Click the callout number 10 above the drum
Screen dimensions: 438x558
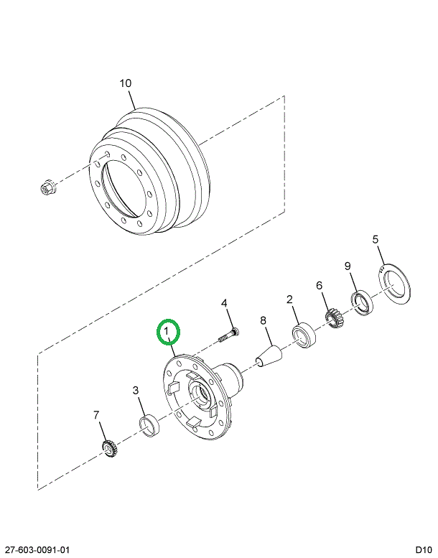(126, 83)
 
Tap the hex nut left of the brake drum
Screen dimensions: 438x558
(47, 187)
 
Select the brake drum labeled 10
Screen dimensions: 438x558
(149, 171)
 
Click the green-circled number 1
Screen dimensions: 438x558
(166, 330)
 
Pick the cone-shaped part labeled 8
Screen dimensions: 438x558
(269, 356)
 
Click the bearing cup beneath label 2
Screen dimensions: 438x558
(304, 335)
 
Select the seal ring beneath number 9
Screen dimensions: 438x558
(362, 303)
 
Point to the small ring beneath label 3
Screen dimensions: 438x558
(149, 426)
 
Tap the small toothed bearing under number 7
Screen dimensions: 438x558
(110, 448)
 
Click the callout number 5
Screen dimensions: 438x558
(376, 239)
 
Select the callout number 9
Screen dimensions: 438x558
(348, 266)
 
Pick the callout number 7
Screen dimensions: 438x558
(96, 415)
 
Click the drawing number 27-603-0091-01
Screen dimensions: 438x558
(35, 549)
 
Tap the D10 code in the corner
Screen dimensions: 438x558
(423, 549)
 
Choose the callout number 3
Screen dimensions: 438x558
(136, 391)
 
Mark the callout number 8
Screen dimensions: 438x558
(263, 320)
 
